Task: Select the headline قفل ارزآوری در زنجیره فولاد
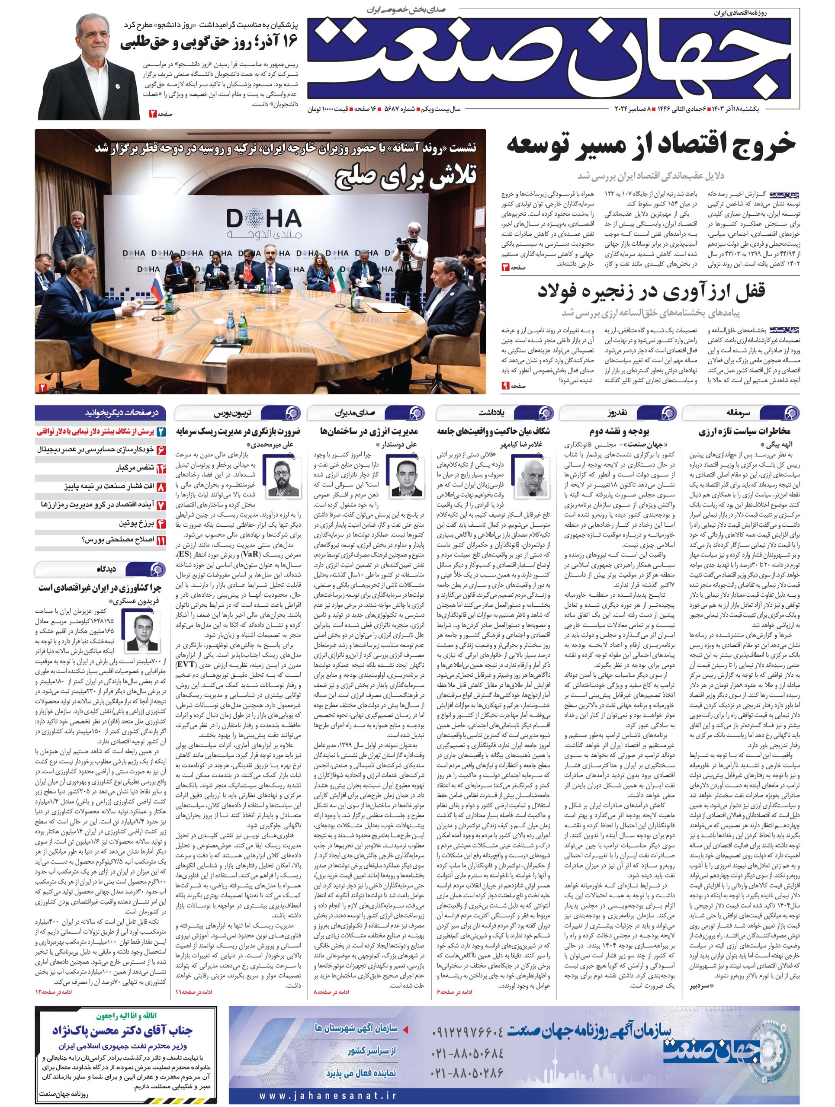(x=660, y=292)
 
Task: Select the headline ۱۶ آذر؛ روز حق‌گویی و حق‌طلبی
(x=209, y=44)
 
